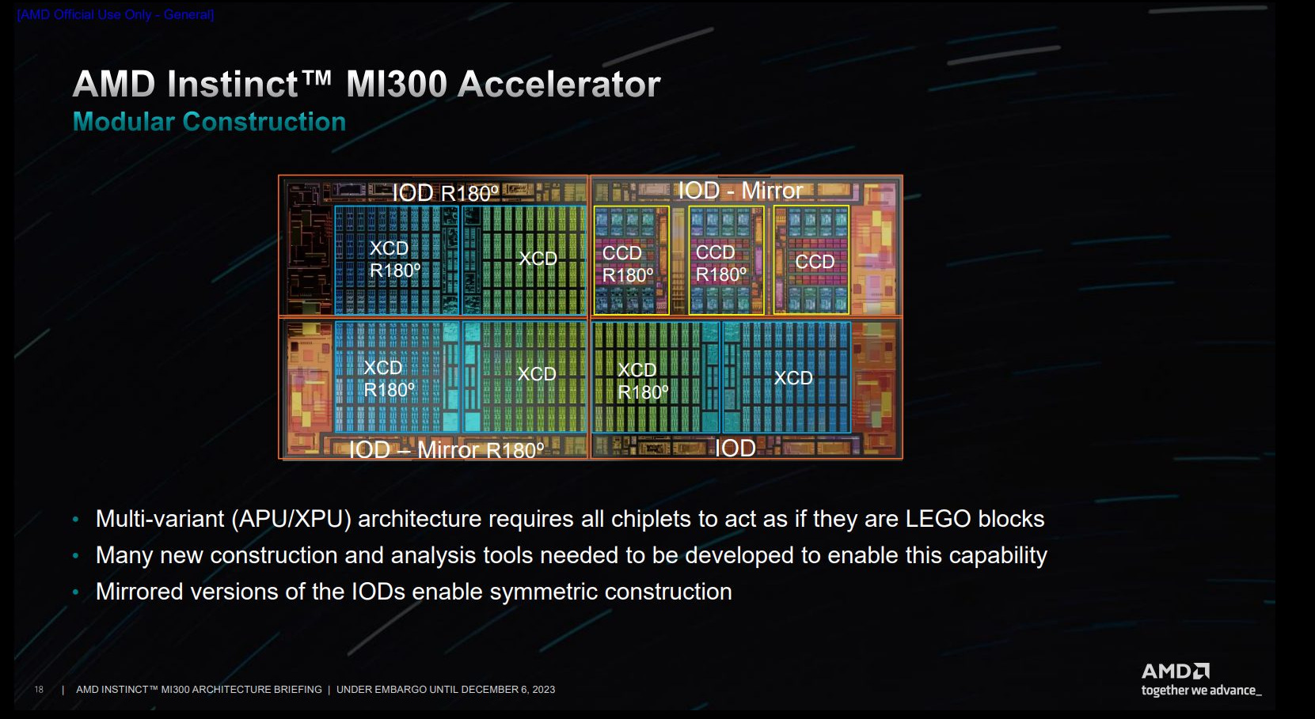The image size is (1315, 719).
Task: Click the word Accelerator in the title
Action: click(559, 85)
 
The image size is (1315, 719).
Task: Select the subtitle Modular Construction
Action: click(209, 122)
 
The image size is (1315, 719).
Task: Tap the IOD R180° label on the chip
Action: click(445, 193)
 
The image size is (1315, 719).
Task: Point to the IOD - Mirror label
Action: click(739, 191)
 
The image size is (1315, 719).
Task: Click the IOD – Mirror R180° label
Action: click(447, 450)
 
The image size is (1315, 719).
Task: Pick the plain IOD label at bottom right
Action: click(735, 448)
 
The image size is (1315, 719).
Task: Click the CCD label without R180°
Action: click(815, 262)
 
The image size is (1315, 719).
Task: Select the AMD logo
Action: click(1175, 672)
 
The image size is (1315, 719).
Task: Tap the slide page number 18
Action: click(39, 690)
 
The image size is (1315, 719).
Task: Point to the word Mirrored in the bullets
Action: click(139, 592)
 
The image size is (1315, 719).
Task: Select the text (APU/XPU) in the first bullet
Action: click(291, 519)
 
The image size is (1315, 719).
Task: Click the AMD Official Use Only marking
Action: click(116, 14)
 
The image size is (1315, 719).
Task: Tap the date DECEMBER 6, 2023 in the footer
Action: click(507, 690)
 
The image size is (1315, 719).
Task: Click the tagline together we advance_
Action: click(1201, 691)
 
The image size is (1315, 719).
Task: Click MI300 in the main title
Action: click(396, 85)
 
